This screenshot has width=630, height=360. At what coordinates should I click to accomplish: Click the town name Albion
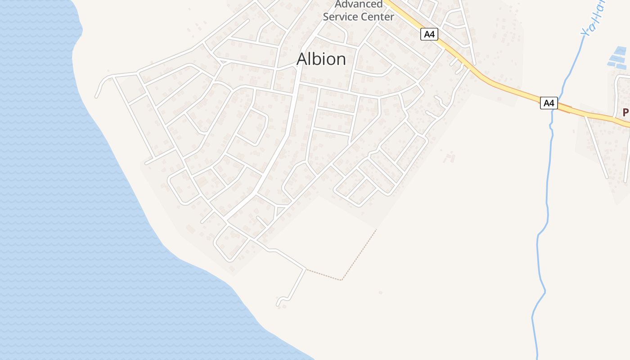(321, 59)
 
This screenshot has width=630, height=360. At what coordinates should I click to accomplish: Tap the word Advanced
(359, 4)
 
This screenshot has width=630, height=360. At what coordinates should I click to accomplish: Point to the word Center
(378, 17)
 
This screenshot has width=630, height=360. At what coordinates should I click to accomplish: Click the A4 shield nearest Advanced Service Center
(429, 34)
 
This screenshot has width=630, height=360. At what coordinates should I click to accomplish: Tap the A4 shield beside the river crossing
(549, 103)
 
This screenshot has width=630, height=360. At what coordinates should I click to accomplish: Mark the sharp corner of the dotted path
(342, 280)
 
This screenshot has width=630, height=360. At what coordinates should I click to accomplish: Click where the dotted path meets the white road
(306, 270)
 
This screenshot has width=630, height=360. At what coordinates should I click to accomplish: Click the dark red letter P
(625, 112)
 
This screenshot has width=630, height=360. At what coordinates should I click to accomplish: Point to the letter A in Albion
(303, 59)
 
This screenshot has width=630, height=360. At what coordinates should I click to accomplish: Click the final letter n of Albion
(340, 60)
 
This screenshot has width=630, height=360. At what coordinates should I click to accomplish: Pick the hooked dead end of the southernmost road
(279, 302)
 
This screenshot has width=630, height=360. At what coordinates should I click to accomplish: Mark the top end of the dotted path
(376, 230)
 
